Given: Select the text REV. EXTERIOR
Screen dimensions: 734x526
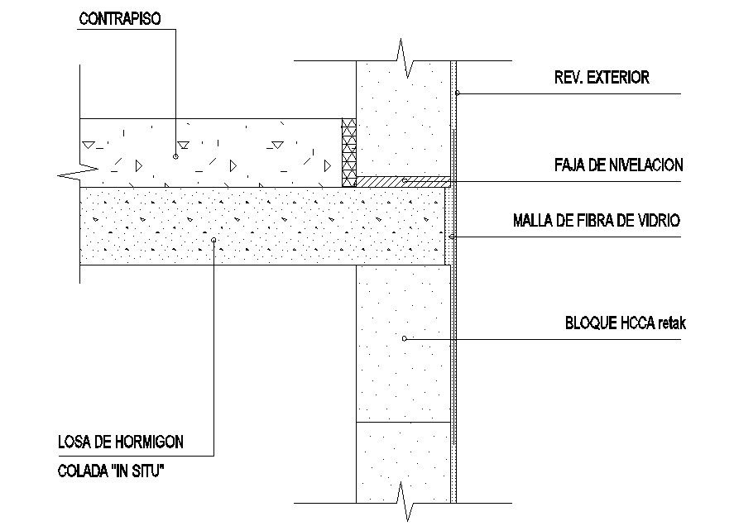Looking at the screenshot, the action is (x=602, y=79).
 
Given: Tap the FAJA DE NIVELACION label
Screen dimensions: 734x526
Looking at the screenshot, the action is (x=619, y=165).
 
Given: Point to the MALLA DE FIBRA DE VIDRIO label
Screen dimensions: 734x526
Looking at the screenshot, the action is (x=597, y=221).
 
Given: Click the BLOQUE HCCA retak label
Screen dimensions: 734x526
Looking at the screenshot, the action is (x=624, y=323).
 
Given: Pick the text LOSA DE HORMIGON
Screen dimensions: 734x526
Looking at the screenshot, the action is (x=120, y=442).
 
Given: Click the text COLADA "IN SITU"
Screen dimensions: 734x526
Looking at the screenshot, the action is (x=109, y=472).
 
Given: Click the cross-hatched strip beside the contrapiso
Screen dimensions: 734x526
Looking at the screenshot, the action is (x=348, y=152).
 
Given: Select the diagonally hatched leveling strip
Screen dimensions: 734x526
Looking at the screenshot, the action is (x=402, y=180).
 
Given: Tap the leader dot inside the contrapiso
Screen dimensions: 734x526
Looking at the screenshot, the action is (x=176, y=155).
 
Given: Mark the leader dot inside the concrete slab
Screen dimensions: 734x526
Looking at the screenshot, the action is (x=213, y=240).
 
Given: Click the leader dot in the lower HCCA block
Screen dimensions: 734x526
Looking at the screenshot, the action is (x=404, y=337).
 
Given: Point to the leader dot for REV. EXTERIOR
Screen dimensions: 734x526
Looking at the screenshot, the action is (x=458, y=93).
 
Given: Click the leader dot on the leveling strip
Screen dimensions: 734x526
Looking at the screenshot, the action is (x=404, y=179).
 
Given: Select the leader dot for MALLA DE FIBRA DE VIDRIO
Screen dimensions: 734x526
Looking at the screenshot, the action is (x=451, y=237).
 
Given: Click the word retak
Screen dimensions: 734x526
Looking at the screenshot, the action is (x=669, y=323).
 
